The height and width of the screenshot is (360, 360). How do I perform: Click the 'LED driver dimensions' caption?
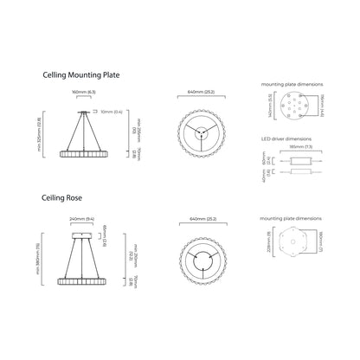pos(286,138)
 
